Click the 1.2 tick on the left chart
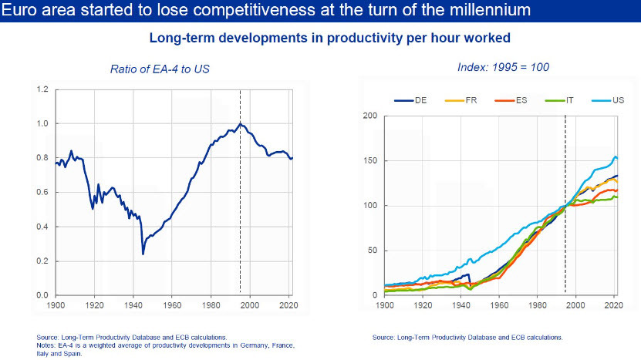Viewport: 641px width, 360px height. tap(42, 90)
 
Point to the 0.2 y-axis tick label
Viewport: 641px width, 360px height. tap(42, 261)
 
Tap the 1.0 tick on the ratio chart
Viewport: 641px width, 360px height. tap(42, 124)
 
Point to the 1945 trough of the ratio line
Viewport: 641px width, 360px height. tap(143, 254)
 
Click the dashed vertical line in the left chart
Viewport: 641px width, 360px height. tap(240, 193)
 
